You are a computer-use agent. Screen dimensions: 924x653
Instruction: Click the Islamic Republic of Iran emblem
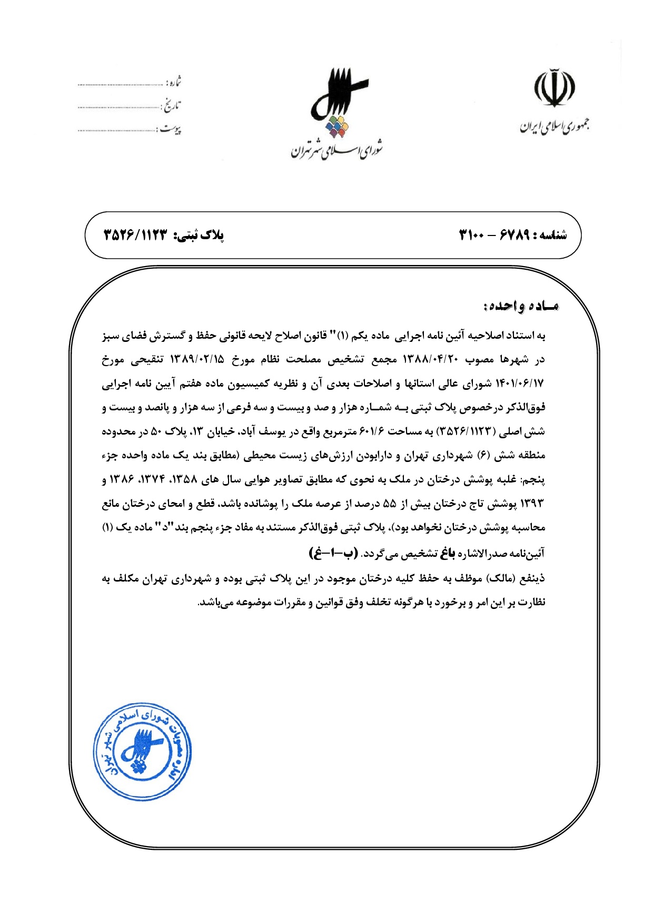[555, 87]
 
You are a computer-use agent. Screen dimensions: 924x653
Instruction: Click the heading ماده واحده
[520, 306]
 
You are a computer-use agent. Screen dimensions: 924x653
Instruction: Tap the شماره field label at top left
[173, 82]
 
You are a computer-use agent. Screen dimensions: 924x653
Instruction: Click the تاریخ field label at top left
[171, 105]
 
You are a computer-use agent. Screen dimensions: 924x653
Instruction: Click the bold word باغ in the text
[447, 553]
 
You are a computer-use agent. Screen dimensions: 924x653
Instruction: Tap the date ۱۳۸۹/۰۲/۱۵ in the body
[197, 359]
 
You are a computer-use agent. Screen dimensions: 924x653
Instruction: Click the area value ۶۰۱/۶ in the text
[372, 431]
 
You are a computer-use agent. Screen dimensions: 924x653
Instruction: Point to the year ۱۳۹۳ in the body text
[532, 503]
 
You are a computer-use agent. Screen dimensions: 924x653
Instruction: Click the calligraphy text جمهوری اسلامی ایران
[555, 126]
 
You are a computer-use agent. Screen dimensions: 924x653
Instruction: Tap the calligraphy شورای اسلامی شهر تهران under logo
[337, 151]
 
